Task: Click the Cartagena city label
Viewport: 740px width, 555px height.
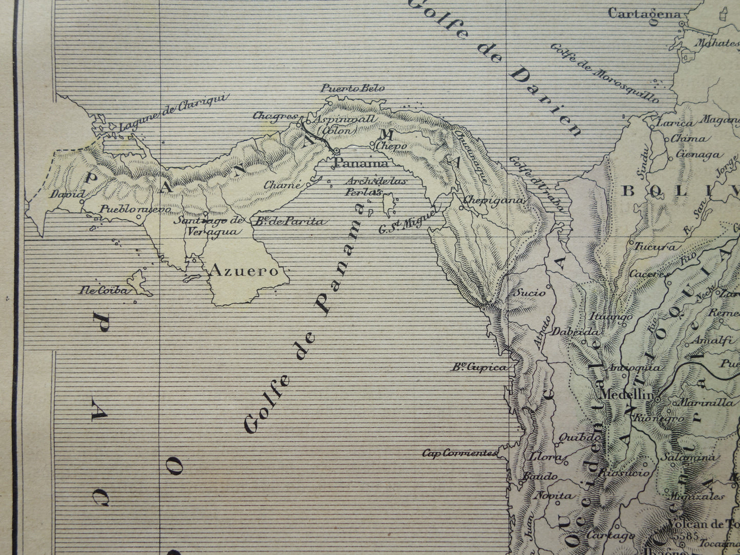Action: pyautogui.click(x=644, y=14)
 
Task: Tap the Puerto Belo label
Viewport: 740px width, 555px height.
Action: pyautogui.click(x=352, y=88)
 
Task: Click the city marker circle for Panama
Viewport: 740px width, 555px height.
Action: pyautogui.click(x=337, y=151)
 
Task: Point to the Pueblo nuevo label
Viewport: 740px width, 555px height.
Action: pyautogui.click(x=128, y=209)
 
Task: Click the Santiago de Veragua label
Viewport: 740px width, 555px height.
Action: pyautogui.click(x=210, y=226)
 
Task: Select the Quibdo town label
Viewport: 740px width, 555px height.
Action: pyautogui.click(x=579, y=438)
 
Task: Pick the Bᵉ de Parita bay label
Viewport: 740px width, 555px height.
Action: pyautogui.click(x=289, y=222)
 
